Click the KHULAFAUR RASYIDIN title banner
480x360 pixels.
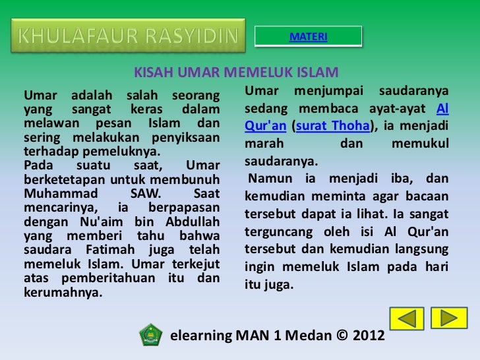127,36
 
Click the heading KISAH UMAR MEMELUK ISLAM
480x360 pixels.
236,73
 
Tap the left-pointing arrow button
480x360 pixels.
406,319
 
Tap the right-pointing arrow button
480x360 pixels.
448,318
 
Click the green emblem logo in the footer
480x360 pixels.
151,334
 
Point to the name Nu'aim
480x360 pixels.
84,222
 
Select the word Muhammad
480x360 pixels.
57,195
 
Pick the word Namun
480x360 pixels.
266,179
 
